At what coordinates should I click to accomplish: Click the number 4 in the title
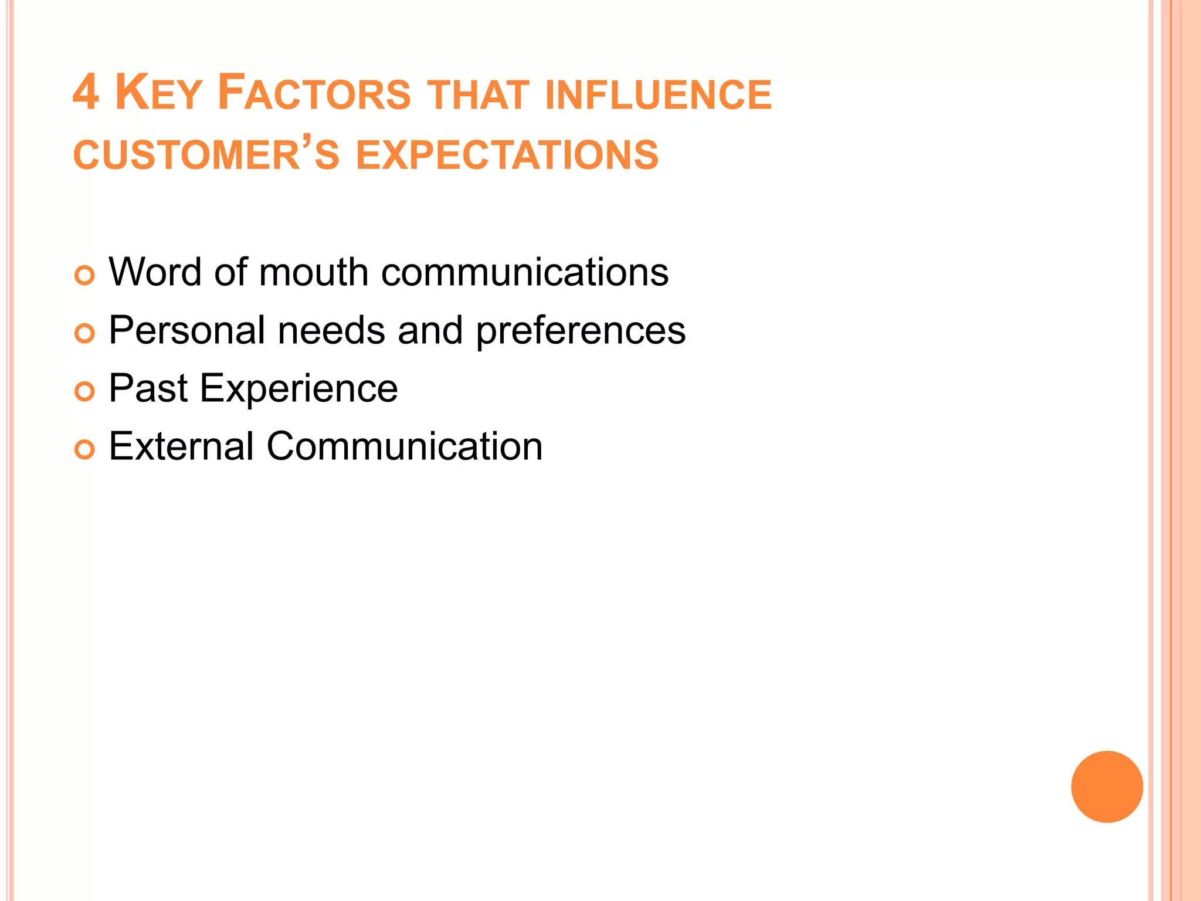[86, 93]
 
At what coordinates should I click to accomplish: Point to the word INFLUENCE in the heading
[658, 95]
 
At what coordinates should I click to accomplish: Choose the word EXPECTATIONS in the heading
[507, 155]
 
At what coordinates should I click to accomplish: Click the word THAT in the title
[478, 95]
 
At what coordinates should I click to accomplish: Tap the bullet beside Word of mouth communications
[84, 275]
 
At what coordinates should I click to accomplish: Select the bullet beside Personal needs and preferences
[84, 333]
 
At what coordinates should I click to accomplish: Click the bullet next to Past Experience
[84, 391]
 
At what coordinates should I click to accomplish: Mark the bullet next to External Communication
[84, 449]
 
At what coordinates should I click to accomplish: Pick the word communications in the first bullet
[525, 272]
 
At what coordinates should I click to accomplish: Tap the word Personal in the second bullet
[187, 330]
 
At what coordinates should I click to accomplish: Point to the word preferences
[581, 331]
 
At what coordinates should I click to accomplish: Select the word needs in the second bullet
[331, 330]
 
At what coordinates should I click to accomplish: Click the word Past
[148, 388]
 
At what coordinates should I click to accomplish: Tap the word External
[181, 446]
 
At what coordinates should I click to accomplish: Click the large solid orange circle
[1107, 787]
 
